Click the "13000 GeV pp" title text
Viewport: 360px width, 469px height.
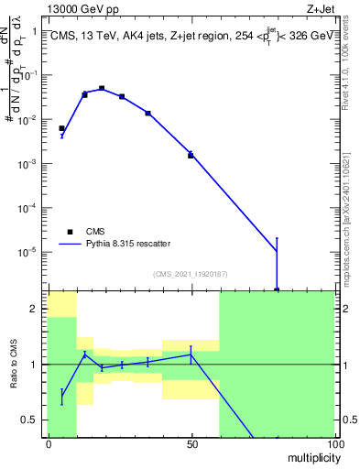(83, 8)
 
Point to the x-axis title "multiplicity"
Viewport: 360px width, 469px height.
(311, 456)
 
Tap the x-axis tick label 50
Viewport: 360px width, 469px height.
(191, 443)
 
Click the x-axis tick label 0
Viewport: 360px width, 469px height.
(49, 443)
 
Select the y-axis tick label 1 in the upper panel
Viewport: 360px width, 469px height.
(34, 32)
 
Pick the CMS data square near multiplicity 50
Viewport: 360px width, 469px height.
(191, 155)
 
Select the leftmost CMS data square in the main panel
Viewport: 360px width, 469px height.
(61, 128)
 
